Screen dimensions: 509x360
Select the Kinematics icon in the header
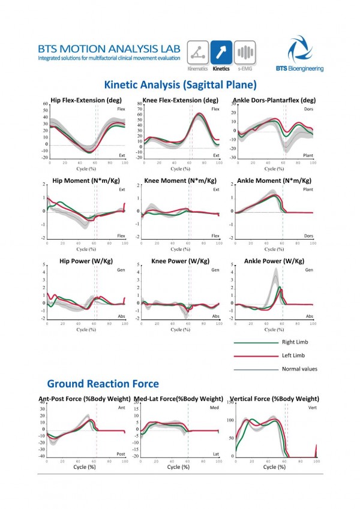pos(199,53)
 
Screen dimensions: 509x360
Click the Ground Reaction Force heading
pos(103,383)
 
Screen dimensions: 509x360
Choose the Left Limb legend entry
pos(292,356)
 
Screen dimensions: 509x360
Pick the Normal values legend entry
pos(299,369)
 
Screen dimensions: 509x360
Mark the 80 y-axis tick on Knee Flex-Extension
pos(140,104)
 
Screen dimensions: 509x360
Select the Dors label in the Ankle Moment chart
pos(309,236)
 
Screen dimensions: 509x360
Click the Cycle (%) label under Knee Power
pos(176,330)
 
